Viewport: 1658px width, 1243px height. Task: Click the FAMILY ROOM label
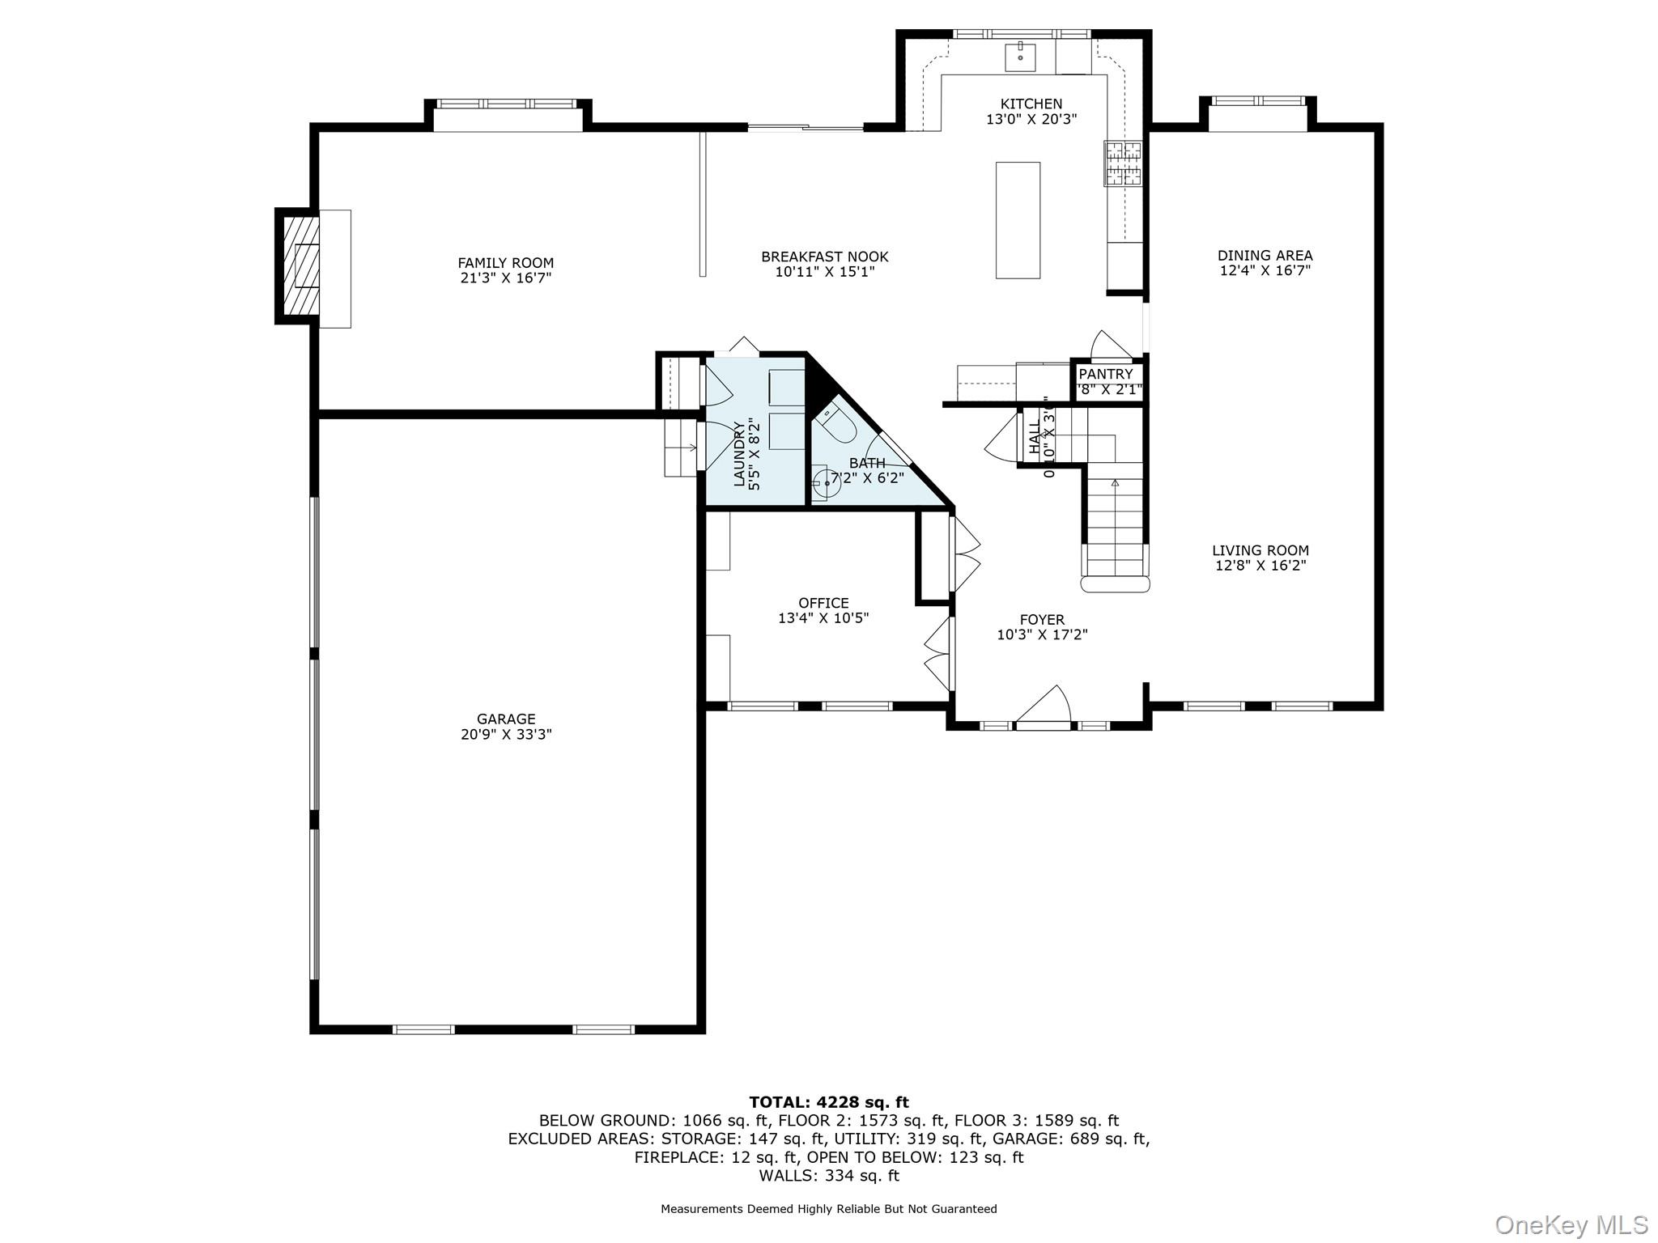(x=505, y=263)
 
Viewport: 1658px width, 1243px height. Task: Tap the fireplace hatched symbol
(x=296, y=266)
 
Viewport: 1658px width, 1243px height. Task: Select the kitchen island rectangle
(x=1018, y=219)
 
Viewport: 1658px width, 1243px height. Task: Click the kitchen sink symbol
(x=1021, y=57)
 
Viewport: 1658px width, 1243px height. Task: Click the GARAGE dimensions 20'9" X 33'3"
(x=506, y=735)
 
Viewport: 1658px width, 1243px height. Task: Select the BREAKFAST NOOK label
(x=824, y=257)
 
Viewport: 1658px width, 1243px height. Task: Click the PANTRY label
(x=1105, y=374)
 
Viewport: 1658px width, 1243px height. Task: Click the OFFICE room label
(x=823, y=603)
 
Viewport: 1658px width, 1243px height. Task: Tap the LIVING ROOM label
(x=1260, y=550)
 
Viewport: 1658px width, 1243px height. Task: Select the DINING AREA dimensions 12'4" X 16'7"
(x=1265, y=270)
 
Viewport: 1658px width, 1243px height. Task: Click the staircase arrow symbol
(x=1115, y=483)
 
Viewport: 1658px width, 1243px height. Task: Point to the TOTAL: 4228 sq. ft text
(x=828, y=1102)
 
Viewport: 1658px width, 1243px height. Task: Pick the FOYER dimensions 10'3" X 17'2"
(x=1042, y=635)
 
